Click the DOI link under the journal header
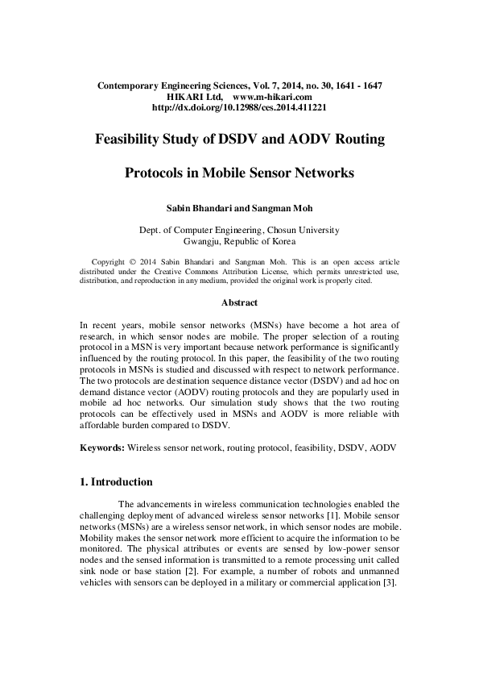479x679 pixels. [238, 106]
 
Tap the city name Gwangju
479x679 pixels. [204, 240]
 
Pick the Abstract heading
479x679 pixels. [239, 303]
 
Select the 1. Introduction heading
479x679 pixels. [117, 482]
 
